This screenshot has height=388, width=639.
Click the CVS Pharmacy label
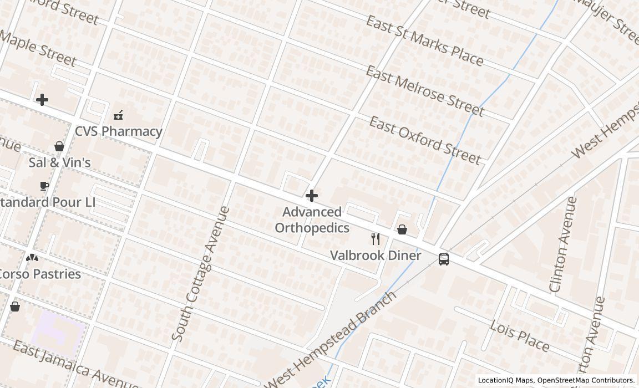click(118, 131)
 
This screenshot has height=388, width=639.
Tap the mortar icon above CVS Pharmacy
click(118, 115)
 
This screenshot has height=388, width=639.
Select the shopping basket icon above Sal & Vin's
click(59, 146)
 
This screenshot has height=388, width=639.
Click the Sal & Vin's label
click(59, 162)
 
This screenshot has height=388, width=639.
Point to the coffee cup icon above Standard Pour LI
click(44, 186)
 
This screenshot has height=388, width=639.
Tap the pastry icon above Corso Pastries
click(32, 258)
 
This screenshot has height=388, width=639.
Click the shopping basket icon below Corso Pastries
click(15, 306)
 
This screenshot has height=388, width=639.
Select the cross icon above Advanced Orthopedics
click(312, 196)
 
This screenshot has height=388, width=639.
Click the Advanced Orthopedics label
click(312, 220)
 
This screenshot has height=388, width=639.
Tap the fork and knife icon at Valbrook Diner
click(376, 239)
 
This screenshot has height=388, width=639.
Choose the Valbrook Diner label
click(376, 256)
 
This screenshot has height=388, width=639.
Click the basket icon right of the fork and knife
click(402, 229)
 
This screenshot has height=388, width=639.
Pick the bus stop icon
click(444, 259)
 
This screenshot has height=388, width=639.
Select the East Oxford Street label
click(425, 141)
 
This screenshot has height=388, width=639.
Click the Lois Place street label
click(520, 336)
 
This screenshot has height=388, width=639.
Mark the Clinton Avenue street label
click(562, 244)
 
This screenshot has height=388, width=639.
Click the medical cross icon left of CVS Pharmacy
click(42, 100)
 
